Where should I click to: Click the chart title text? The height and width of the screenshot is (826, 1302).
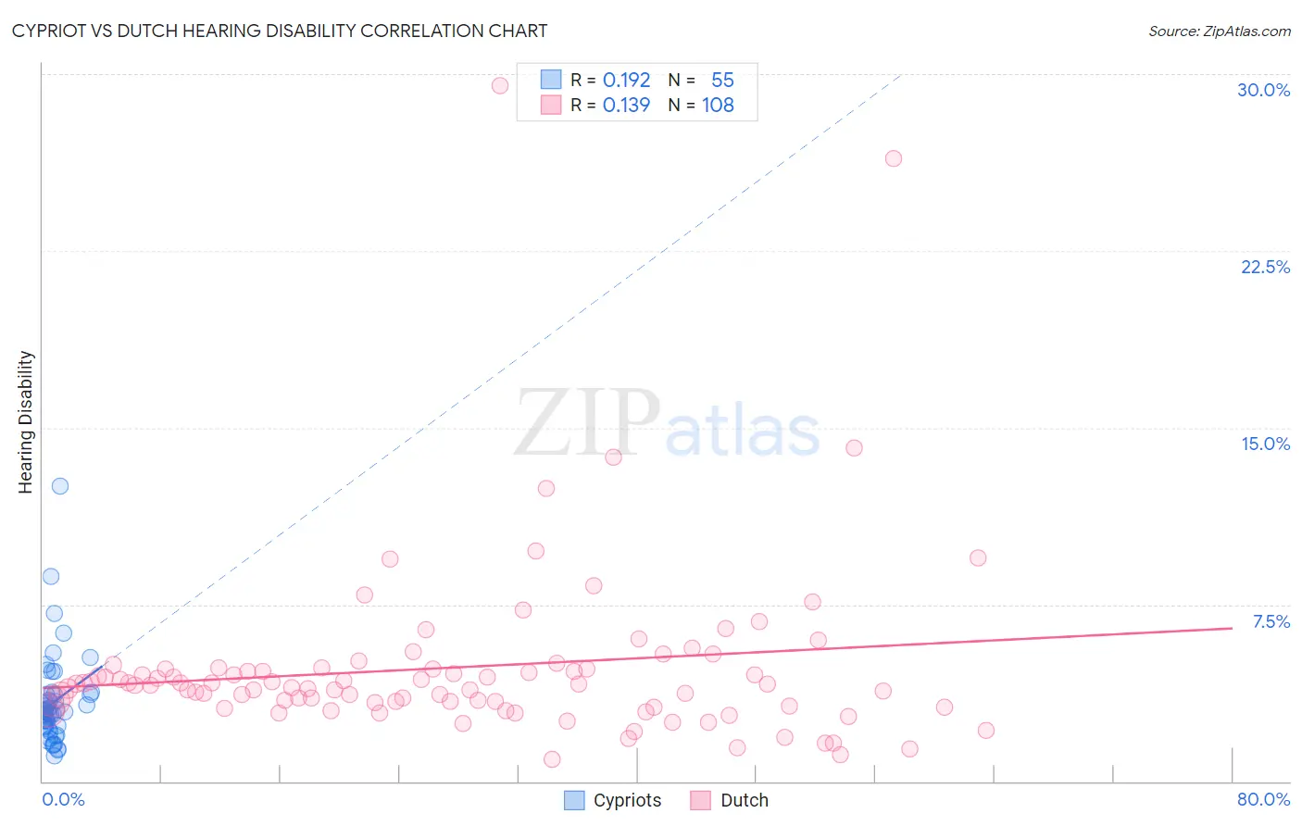pos(280,31)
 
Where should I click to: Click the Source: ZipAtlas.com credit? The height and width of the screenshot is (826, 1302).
pos(1219,31)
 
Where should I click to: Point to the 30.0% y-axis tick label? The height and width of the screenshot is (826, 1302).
pos(1263,90)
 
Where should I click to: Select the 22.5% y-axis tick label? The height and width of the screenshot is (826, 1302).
pos(1265,267)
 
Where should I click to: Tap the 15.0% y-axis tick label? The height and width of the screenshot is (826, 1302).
pos(1265,444)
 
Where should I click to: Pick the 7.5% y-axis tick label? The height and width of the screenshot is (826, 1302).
pos(1271,621)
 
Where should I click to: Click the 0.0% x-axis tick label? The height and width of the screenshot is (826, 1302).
pos(63,799)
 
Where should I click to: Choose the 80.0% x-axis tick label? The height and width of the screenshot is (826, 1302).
pos(1263,799)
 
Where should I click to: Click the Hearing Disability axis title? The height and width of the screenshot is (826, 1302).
pos(26,422)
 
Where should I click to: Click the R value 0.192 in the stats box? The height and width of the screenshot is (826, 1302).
pos(626,80)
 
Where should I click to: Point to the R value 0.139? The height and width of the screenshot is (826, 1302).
pos(626,105)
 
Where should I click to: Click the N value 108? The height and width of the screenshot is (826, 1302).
pos(718,105)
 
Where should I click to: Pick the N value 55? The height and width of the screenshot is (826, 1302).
pos(722,80)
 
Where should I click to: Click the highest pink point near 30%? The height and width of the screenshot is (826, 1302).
pos(500,85)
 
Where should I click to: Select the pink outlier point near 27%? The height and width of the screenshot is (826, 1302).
pos(894,158)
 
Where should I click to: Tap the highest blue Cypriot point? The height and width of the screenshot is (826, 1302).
pos(60,486)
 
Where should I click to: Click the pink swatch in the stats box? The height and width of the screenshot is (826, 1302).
pos(551,105)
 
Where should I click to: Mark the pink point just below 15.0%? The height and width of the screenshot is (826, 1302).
pos(854,448)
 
